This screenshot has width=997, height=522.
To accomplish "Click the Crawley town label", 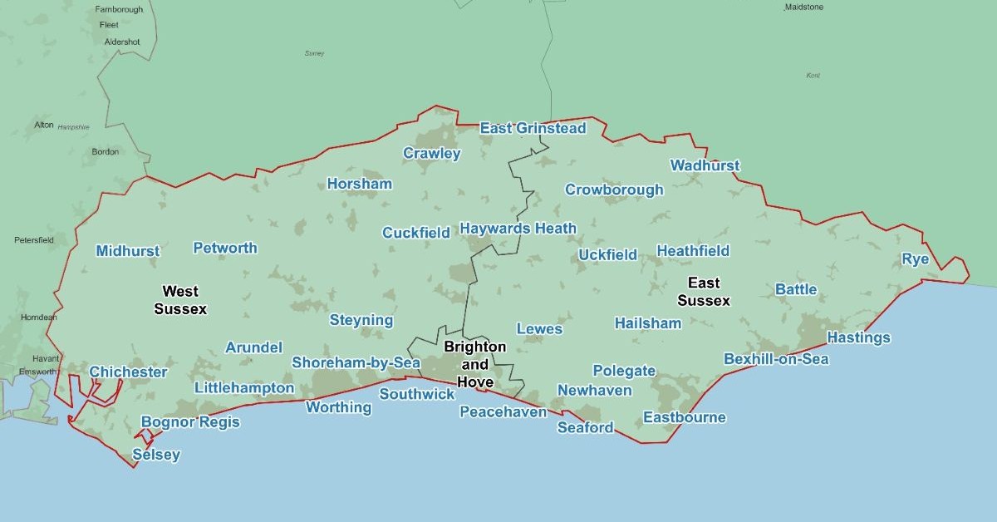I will [431, 153].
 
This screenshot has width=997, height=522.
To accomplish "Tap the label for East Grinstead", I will [533, 128].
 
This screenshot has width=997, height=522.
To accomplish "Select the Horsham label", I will [359, 184].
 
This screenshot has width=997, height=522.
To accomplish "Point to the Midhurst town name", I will [128, 251].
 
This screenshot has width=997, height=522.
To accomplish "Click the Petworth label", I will [225, 248].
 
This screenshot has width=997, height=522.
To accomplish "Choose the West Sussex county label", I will [180, 300].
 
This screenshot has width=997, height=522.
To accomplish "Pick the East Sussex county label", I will [704, 292].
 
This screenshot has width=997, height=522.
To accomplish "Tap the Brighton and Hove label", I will [474, 364].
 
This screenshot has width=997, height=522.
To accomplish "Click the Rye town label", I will [915, 259].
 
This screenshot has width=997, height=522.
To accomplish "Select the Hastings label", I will [858, 337].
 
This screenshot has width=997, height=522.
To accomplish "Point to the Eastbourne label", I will [685, 417].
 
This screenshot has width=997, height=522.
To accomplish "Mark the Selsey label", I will [156, 455].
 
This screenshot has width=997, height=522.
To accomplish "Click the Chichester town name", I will [128, 372].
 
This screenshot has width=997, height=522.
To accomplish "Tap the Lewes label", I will [539, 328].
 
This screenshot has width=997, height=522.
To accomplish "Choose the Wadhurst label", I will [705, 165].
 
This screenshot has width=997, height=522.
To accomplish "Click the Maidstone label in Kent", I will [803, 7].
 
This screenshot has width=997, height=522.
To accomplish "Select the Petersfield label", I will [34, 239].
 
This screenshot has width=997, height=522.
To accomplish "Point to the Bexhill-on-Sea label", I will [776, 359].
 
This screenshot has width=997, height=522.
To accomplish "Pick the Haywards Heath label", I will [518, 229].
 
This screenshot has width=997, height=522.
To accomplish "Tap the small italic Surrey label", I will [314, 53].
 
